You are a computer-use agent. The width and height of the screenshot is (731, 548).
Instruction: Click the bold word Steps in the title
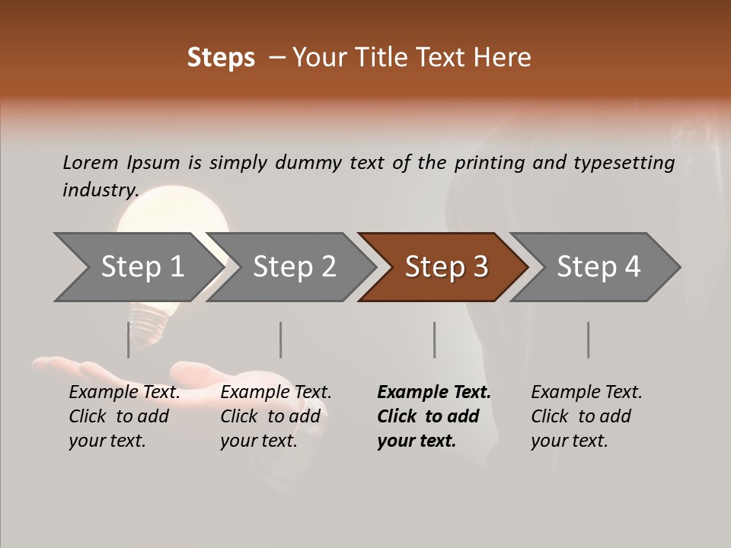221,58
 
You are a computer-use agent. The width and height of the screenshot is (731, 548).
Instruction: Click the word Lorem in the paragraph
91,162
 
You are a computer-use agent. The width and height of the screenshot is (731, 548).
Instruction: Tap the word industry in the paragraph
100,190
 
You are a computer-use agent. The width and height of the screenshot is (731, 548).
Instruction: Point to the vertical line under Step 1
128,339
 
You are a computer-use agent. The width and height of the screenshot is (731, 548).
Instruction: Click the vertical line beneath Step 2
281,339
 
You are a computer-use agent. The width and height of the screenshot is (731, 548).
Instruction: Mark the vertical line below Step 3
434,339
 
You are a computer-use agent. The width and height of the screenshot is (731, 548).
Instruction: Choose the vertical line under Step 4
588,339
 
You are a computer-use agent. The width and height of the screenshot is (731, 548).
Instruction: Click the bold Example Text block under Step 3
433,416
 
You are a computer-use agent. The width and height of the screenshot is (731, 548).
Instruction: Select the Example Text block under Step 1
123,416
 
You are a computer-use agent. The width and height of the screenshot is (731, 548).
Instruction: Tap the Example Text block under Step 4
586,416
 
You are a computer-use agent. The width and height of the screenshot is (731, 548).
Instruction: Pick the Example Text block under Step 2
275,416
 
